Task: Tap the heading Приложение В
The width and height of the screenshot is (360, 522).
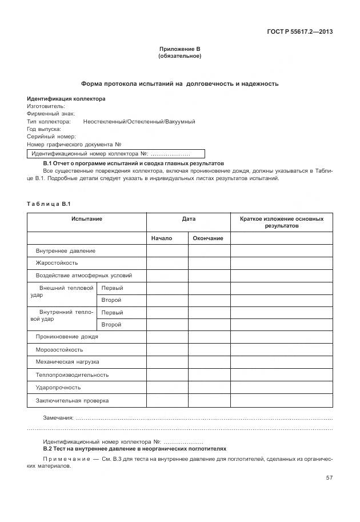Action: pyautogui.click(x=179, y=50)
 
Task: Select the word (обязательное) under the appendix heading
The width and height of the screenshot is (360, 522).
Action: pyautogui.click(x=179, y=56)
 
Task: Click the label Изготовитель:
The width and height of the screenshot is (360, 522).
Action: pyautogui.click(x=46, y=106)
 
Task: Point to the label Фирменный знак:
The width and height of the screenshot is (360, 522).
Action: pyautogui.click(x=51, y=114)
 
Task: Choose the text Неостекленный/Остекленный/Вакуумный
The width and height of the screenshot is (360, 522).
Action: pyautogui.click(x=139, y=122)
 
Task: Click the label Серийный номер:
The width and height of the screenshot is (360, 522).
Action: pyautogui.click(x=51, y=137)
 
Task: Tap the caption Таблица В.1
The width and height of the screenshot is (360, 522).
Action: pyautogui.click(x=49, y=204)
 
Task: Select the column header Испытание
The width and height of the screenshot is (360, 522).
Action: pyautogui.click(x=87, y=219)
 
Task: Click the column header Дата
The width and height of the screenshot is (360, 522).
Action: pyautogui.click(x=189, y=219)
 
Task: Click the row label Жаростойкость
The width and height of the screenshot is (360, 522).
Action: pyautogui.click(x=57, y=263)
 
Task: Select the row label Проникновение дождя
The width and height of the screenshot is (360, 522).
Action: pyautogui.click(x=67, y=336)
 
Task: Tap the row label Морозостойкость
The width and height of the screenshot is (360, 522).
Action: pyautogui.click(x=59, y=349)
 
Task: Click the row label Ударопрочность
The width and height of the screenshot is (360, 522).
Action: pyautogui.click(x=58, y=388)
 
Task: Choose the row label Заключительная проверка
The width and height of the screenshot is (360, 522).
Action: pyautogui.click(x=72, y=401)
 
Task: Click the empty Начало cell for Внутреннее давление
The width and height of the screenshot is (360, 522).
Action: pyautogui.click(x=167, y=250)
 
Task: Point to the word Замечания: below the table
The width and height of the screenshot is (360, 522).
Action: pyautogui.click(x=58, y=418)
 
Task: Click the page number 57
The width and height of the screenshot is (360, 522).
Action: pyautogui.click(x=329, y=477)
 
